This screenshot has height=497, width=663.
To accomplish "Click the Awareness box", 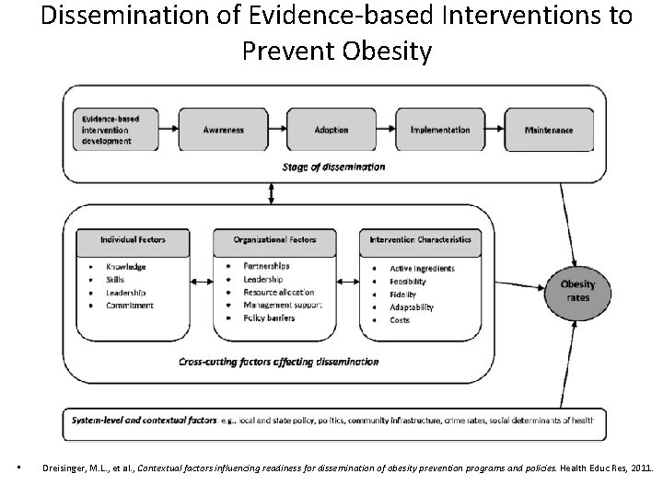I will pos(223,130).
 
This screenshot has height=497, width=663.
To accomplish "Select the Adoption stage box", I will pos(331,130).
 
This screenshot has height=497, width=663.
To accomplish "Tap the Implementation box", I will pos(440,130).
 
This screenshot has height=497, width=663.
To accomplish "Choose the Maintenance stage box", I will pos(549,130).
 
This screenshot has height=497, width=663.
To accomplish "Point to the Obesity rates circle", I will pos(577,291).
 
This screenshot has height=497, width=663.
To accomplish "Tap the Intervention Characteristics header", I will pos(420,239).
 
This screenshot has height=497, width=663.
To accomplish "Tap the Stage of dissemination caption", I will pos(334,167).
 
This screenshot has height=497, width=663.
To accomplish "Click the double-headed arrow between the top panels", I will pos(271,193).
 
